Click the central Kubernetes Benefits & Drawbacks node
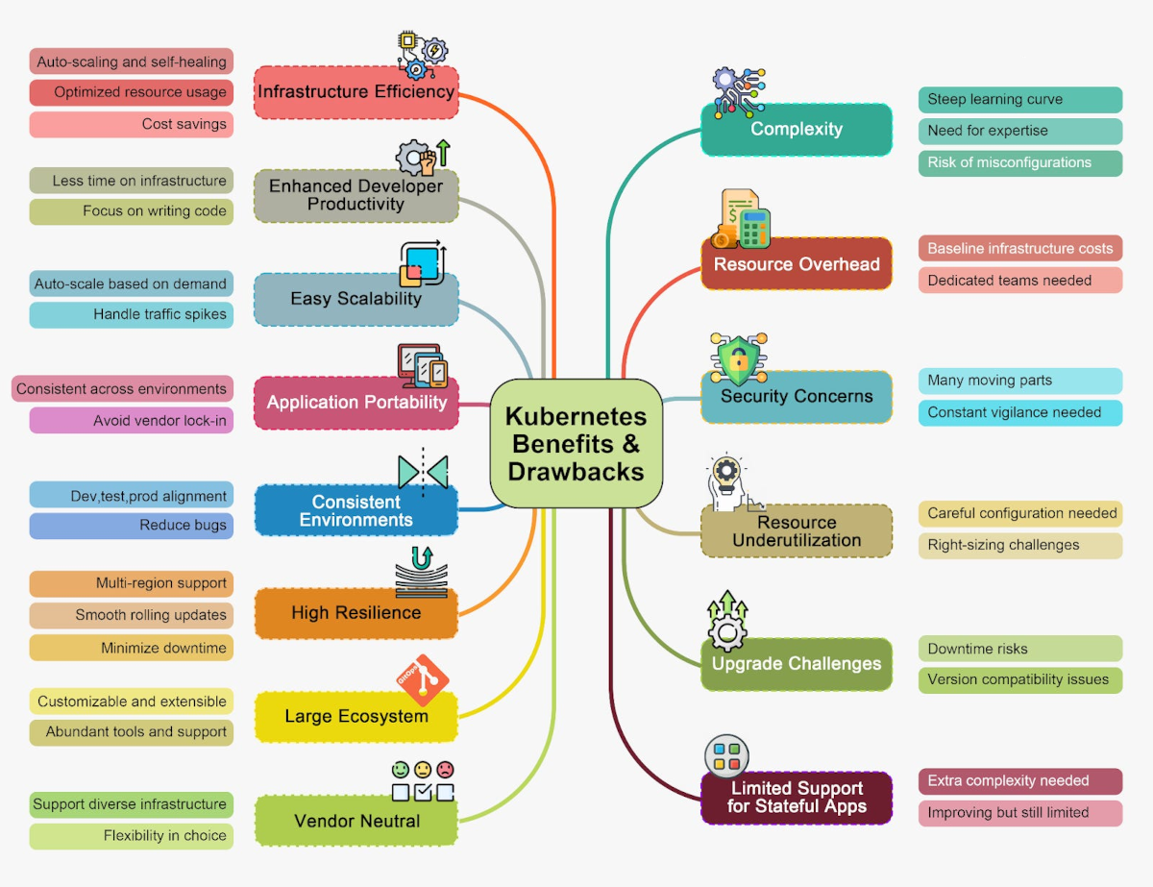tap(576, 444)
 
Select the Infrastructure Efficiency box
tap(356, 92)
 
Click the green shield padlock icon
tap(739, 359)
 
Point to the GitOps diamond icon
tap(423, 680)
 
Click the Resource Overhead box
tap(797, 263)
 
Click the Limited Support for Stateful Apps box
tap(797, 798)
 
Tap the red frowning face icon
tap(445, 769)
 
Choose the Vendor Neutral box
tap(356, 820)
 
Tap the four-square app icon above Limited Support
tap(727, 756)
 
